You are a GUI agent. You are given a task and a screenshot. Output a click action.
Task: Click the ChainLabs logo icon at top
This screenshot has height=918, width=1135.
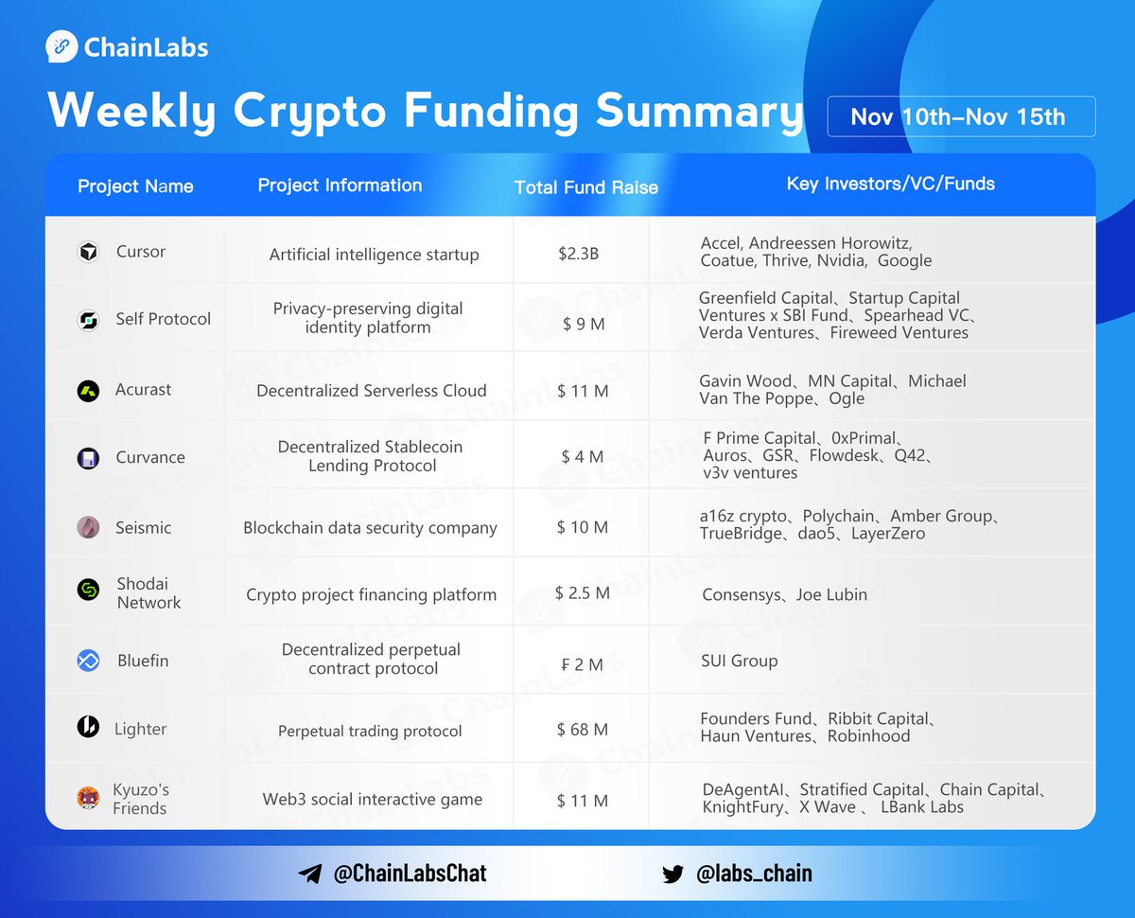pyautogui.click(x=62, y=47)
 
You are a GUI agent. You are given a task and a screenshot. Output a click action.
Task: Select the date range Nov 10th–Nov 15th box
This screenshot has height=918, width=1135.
pyautogui.click(x=960, y=116)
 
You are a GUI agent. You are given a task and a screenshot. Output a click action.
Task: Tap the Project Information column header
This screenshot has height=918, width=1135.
pyautogui.click(x=340, y=185)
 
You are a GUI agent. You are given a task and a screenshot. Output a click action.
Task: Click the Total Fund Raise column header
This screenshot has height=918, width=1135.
pyautogui.click(x=585, y=187)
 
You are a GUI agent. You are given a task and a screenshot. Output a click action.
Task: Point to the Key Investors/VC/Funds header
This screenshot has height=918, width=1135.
pyautogui.click(x=890, y=184)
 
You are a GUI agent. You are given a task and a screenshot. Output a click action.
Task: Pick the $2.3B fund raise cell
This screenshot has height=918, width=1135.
pyautogui.click(x=579, y=254)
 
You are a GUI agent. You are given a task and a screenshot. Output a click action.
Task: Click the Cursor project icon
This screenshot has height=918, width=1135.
pyautogui.click(x=88, y=252)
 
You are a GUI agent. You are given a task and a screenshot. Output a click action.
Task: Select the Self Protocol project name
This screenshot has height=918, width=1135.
pyautogui.click(x=163, y=319)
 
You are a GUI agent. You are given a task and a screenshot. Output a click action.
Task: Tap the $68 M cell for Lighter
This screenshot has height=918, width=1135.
pyautogui.click(x=582, y=730)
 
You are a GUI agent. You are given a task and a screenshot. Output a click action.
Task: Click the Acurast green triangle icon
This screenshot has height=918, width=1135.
pyautogui.click(x=88, y=390)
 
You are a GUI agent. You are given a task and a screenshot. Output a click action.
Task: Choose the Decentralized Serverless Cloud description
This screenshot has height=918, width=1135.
pyautogui.click(x=371, y=390)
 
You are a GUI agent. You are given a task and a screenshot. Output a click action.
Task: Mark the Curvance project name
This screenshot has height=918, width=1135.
pyautogui.click(x=149, y=457)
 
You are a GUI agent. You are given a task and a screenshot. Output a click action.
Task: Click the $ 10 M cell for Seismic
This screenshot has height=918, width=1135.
pyautogui.click(x=582, y=527)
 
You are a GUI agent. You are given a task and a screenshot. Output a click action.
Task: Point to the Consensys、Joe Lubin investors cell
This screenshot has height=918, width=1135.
pyautogui.click(x=784, y=594)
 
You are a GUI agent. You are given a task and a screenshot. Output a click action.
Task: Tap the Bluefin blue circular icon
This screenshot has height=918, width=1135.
pyautogui.click(x=88, y=661)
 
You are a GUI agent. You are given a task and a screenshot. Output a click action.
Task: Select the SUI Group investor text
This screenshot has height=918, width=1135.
pyautogui.click(x=739, y=661)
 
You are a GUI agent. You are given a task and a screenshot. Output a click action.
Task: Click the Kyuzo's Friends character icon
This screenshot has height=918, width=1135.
pyautogui.click(x=88, y=798)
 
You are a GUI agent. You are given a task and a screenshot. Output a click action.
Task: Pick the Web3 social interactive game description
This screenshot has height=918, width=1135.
pyautogui.click(x=372, y=800)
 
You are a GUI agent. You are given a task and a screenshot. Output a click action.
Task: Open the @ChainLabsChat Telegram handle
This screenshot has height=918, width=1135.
pyautogui.click(x=410, y=874)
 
